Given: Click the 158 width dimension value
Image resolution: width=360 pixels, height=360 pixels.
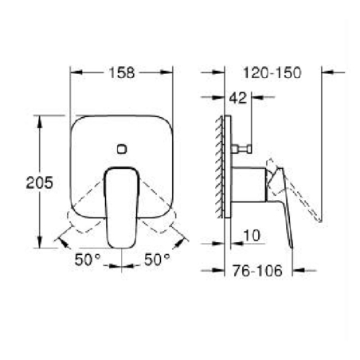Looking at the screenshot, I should [122, 72].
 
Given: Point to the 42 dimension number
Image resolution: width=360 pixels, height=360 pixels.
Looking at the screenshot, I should [237, 99].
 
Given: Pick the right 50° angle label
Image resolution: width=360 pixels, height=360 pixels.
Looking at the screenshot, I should [157, 259].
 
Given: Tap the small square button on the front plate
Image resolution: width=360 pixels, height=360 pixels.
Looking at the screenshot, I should [122, 148].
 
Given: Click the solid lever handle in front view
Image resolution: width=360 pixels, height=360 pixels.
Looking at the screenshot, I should [121, 203].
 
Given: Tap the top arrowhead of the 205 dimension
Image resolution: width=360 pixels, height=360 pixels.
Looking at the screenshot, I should [37, 119].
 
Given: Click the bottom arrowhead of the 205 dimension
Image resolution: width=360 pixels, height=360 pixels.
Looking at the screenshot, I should [37, 243].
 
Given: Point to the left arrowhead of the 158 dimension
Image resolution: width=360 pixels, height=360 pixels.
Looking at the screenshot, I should [75, 72].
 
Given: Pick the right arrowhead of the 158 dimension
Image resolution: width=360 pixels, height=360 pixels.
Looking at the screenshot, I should [170, 72].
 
